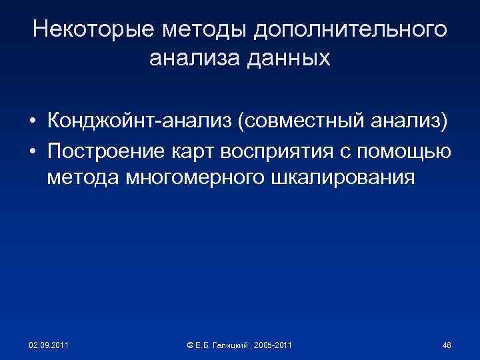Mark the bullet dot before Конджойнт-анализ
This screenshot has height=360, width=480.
(x=32, y=123)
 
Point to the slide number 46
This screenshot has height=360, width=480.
(x=447, y=345)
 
